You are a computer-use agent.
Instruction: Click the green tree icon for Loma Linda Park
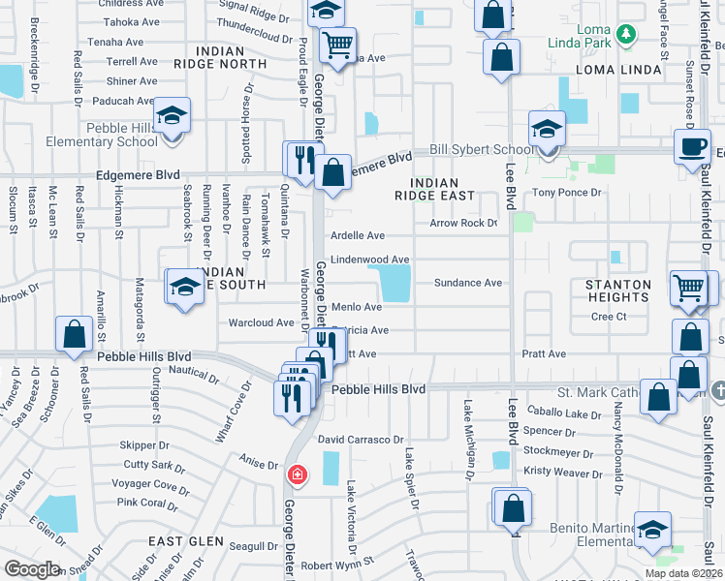(626, 35)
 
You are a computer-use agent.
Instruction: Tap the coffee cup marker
(692, 146)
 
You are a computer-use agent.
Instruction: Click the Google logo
(32, 569)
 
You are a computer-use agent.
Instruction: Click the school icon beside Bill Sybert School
(547, 128)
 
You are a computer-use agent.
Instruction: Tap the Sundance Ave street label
(467, 283)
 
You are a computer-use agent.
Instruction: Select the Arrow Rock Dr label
(463, 224)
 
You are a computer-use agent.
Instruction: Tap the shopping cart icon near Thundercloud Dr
(337, 44)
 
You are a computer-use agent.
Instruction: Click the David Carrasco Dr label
(360, 440)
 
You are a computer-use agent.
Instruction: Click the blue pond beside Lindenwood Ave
(394, 284)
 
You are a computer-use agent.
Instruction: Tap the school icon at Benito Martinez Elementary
(652, 529)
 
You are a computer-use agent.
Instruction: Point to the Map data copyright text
(681, 573)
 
